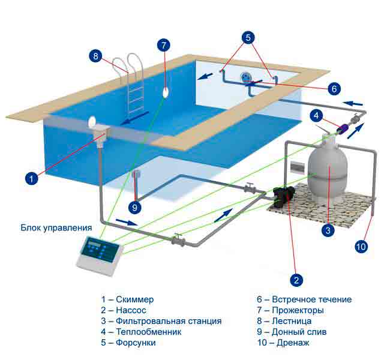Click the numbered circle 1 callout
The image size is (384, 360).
[31, 178]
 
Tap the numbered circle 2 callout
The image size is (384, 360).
[296, 280]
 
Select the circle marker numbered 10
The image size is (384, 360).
[361, 247]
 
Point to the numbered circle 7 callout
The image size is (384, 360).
[164, 45]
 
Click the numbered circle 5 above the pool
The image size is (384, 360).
[248, 37]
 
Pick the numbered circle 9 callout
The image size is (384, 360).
[134, 208]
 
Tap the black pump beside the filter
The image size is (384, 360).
[284, 196]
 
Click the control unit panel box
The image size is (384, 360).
[100, 256]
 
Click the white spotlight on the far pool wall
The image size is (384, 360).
[166, 92]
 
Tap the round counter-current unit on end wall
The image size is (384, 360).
[245, 77]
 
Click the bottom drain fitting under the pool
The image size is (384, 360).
[136, 174]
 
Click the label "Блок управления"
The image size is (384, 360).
[56, 227]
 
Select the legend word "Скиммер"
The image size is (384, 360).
[134, 299]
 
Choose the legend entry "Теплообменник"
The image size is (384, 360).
[148, 332]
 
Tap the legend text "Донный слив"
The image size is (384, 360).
[299, 332]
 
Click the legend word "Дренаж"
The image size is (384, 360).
[293, 343]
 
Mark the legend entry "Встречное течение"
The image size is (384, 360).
[312, 299]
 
